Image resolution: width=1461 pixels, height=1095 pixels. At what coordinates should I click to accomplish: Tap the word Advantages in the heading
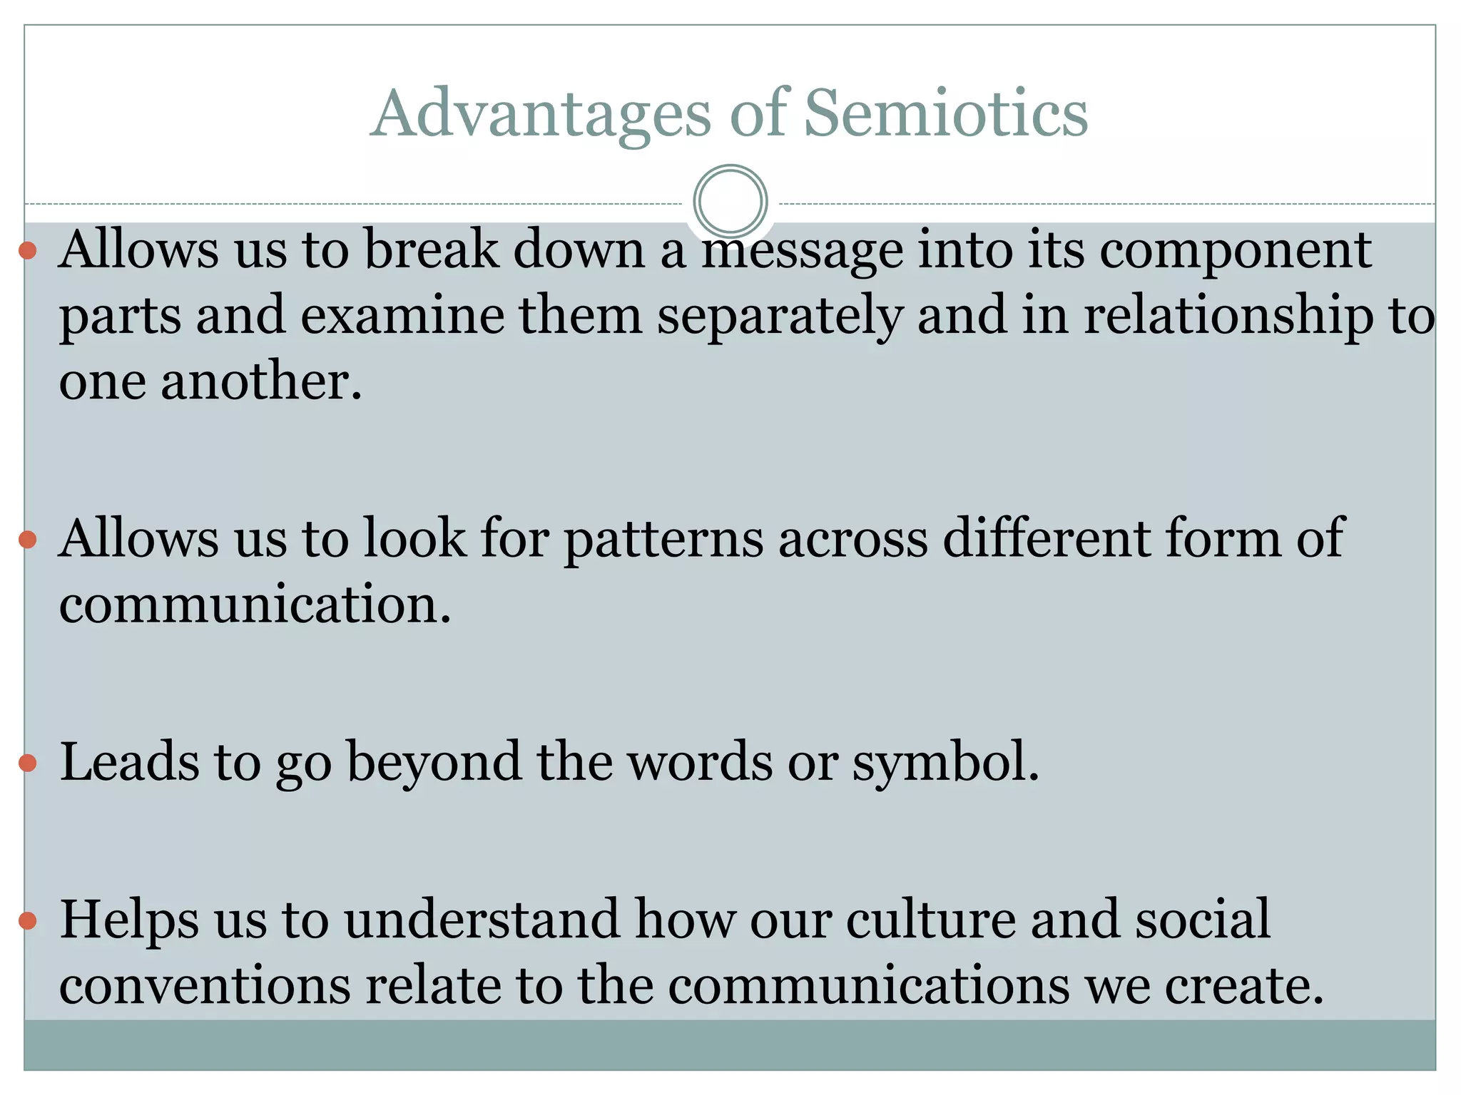(541, 114)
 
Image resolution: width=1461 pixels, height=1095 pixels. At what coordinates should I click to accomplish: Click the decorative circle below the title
(730, 201)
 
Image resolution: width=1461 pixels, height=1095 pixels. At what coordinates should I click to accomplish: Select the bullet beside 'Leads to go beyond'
(28, 764)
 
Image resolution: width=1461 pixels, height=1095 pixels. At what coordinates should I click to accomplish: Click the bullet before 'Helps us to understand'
(28, 921)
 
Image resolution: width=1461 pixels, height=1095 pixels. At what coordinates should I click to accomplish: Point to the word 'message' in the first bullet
(803, 251)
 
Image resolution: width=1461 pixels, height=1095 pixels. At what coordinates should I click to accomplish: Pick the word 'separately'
(779, 316)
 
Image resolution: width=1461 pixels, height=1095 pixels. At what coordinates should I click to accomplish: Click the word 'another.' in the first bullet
(261, 381)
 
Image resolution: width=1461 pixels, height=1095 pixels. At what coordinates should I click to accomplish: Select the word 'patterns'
(663, 539)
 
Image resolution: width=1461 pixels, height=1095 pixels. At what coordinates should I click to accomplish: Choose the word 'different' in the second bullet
(1046, 538)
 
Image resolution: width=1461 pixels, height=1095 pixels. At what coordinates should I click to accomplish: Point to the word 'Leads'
(129, 762)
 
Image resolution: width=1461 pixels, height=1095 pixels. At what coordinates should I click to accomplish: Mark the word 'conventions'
(205, 985)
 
